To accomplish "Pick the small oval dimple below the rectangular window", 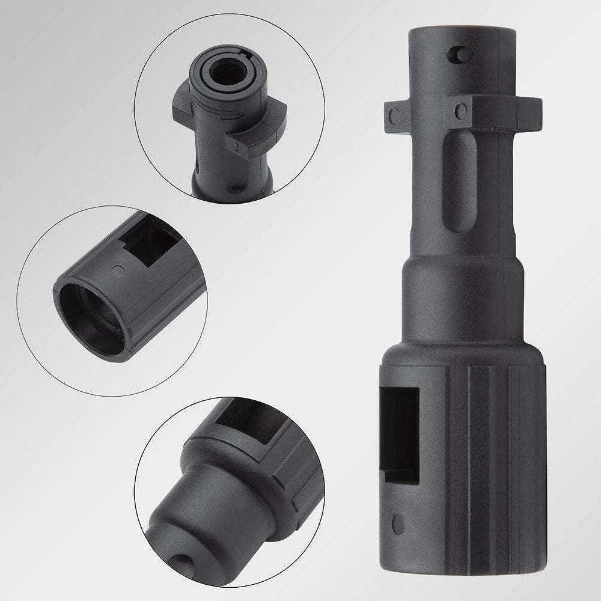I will [x=397, y=524].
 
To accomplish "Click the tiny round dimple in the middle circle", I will [x=118, y=271].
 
